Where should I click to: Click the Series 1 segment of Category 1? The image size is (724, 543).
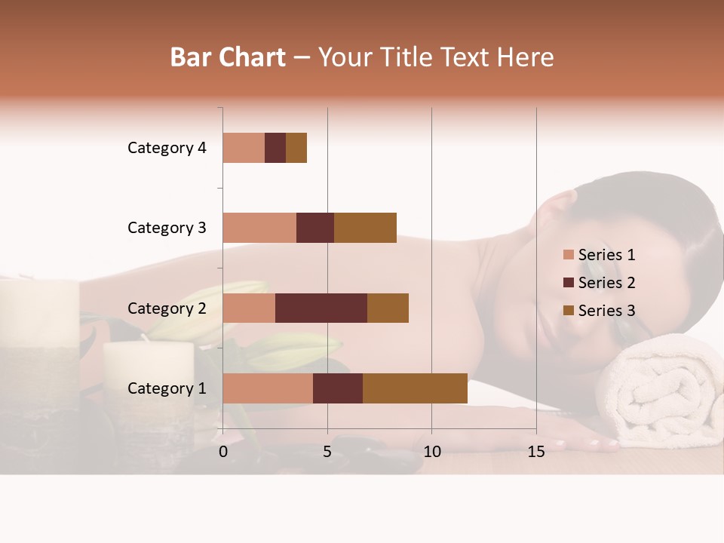tap(268, 388)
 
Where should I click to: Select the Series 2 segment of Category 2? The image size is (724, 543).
tap(321, 308)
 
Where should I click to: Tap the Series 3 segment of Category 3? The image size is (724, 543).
tap(365, 228)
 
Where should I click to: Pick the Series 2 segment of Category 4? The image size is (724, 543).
tap(275, 148)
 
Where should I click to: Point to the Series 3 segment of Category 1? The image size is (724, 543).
tap(415, 388)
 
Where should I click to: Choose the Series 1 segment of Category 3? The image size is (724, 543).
tap(259, 228)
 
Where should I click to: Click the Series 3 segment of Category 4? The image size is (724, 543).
tap(296, 148)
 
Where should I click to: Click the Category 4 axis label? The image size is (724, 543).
tap(167, 148)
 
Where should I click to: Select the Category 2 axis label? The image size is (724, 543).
tap(167, 308)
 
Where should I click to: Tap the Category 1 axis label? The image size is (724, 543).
tap(167, 388)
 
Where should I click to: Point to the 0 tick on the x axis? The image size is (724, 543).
tap(223, 452)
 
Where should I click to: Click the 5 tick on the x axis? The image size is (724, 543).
tap(327, 452)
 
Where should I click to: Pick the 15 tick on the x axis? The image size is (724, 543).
tap(536, 452)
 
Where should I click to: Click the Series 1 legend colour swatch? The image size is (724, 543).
tap(568, 255)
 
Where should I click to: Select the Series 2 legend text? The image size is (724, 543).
tap(606, 283)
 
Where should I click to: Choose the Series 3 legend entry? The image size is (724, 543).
tap(600, 311)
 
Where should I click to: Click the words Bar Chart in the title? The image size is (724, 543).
tap(228, 57)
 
